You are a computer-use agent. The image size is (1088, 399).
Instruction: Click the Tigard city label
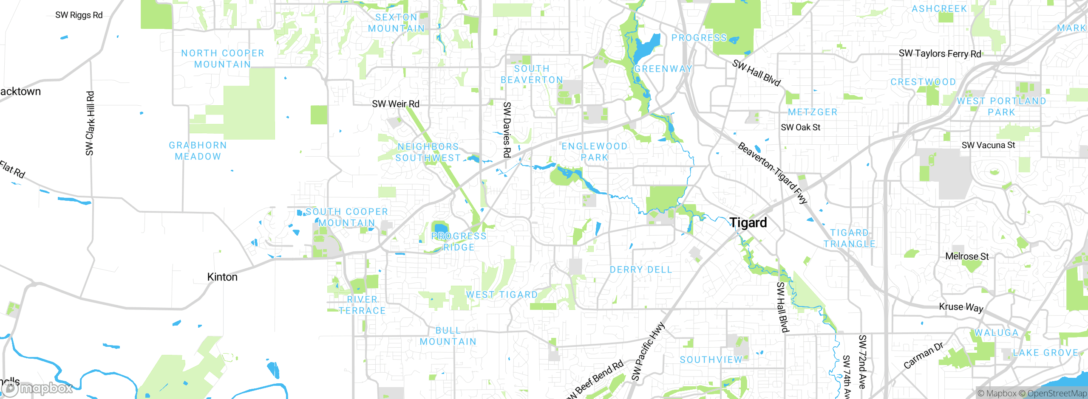pyautogui.click(x=748, y=222)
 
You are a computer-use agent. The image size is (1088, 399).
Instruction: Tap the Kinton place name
pyautogui.click(x=222, y=277)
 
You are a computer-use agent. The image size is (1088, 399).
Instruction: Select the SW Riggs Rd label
pyautogui.click(x=79, y=15)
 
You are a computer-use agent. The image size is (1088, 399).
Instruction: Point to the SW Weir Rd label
pyautogui.click(x=395, y=104)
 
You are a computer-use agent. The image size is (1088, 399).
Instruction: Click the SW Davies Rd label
pyautogui.click(x=507, y=129)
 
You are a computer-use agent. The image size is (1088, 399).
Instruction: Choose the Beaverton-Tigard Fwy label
pyautogui.click(x=772, y=173)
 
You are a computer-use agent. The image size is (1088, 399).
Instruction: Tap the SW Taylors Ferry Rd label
pyautogui.click(x=940, y=53)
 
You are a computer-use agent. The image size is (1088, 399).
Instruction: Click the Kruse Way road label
pyautogui.click(x=961, y=307)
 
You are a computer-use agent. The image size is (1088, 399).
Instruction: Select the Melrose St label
pyautogui.click(x=967, y=256)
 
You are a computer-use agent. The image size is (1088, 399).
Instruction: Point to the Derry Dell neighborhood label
pyautogui.click(x=641, y=270)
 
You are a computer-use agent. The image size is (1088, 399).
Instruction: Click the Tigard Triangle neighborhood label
pyautogui.click(x=850, y=238)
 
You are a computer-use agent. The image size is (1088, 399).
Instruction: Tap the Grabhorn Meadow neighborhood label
pyautogui.click(x=198, y=151)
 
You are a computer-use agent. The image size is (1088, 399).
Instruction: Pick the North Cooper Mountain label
pyautogui.click(x=223, y=59)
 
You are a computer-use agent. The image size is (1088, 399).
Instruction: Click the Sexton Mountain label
pyautogui.click(x=396, y=23)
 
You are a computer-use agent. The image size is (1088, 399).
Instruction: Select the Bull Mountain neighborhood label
pyautogui.click(x=448, y=336)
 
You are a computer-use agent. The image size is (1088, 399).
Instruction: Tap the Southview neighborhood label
pyautogui.click(x=711, y=360)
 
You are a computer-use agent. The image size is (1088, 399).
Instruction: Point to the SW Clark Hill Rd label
pyautogui.click(x=90, y=123)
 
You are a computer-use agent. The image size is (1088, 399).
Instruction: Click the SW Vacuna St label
pyautogui.click(x=988, y=145)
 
